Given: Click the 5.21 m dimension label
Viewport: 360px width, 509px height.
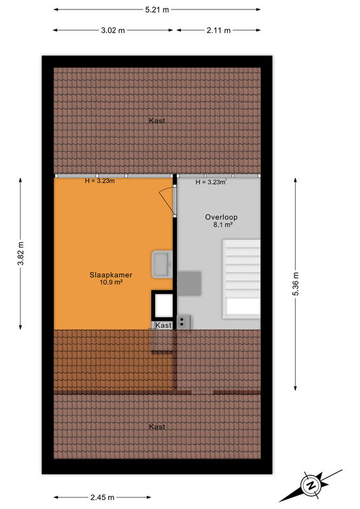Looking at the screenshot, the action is [157, 10].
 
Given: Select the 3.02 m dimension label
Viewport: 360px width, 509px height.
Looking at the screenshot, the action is [113, 31].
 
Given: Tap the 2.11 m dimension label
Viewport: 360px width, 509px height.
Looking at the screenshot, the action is [218, 31].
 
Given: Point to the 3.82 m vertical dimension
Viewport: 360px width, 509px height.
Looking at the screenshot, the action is [21, 253].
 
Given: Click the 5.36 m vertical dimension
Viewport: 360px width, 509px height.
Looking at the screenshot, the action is [295, 283].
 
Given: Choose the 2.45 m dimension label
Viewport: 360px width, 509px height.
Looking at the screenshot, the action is [102, 498].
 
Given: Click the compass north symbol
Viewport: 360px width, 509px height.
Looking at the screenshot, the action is [311, 485].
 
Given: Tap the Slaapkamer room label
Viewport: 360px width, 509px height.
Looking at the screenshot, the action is [111, 275].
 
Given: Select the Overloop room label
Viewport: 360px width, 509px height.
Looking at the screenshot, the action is [221, 217].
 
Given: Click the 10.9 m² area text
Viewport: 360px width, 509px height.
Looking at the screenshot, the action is [111, 282].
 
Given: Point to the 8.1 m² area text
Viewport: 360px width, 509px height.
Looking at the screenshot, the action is [223, 225].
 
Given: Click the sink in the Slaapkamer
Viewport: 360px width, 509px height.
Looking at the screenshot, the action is [162, 264].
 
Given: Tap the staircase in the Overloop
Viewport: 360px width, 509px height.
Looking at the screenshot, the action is [241, 279].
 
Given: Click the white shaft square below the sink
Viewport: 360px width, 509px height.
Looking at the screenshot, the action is [163, 305].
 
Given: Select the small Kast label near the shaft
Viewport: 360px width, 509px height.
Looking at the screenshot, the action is [163, 325].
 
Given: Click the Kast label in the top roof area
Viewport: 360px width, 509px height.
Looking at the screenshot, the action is [157, 121].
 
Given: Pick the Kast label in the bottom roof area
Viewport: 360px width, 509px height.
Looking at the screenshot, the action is [157, 427].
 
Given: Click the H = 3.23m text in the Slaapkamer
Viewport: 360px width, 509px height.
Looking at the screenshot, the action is [100, 181].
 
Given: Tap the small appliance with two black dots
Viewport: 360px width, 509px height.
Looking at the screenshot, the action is [183, 323].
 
